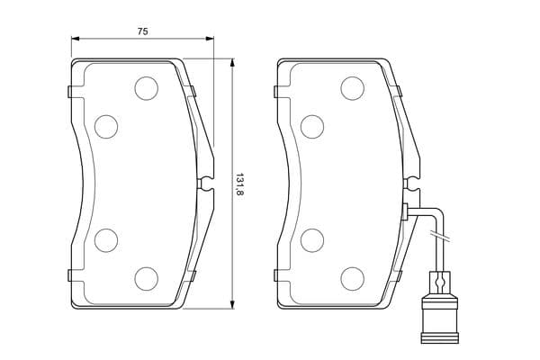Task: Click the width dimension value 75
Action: [x=142, y=31]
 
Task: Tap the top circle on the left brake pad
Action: [x=147, y=88]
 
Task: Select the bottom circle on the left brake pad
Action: [x=147, y=278]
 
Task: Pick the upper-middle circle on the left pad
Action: [x=106, y=127]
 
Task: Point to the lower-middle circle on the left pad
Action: [x=106, y=240]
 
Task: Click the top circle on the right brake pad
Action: [x=352, y=88]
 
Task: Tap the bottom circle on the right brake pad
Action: [x=352, y=278]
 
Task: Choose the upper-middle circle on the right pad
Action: [x=312, y=127]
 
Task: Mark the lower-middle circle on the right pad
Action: [x=312, y=240]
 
